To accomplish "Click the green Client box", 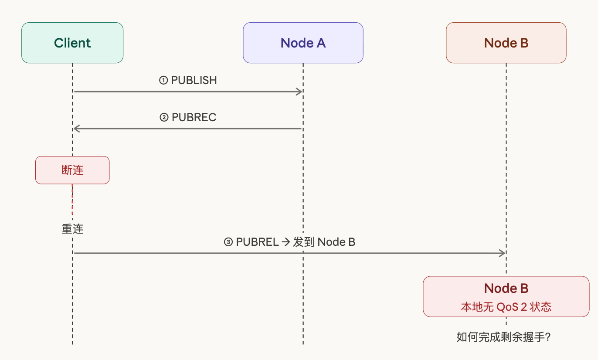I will [72, 43].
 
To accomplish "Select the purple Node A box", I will [303, 43].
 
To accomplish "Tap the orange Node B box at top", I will [506, 43].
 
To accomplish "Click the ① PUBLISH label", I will [188, 80].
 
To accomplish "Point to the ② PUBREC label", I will [188, 117].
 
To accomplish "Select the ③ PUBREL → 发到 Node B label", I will [289, 242].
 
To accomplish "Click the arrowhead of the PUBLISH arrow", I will [299, 92].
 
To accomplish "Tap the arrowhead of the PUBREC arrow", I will [76, 129].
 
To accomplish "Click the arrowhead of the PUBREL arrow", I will [502, 253].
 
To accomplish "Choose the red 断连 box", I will [72, 170].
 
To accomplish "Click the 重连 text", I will [72, 229].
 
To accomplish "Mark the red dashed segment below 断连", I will [72, 200].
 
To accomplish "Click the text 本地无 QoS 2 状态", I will [506, 306].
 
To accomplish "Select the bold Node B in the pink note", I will [506, 289].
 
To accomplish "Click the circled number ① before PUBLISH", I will [163, 81].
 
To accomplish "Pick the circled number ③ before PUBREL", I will [228, 242].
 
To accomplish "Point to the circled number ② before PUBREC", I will [164, 118].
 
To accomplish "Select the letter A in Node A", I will [320, 43].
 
